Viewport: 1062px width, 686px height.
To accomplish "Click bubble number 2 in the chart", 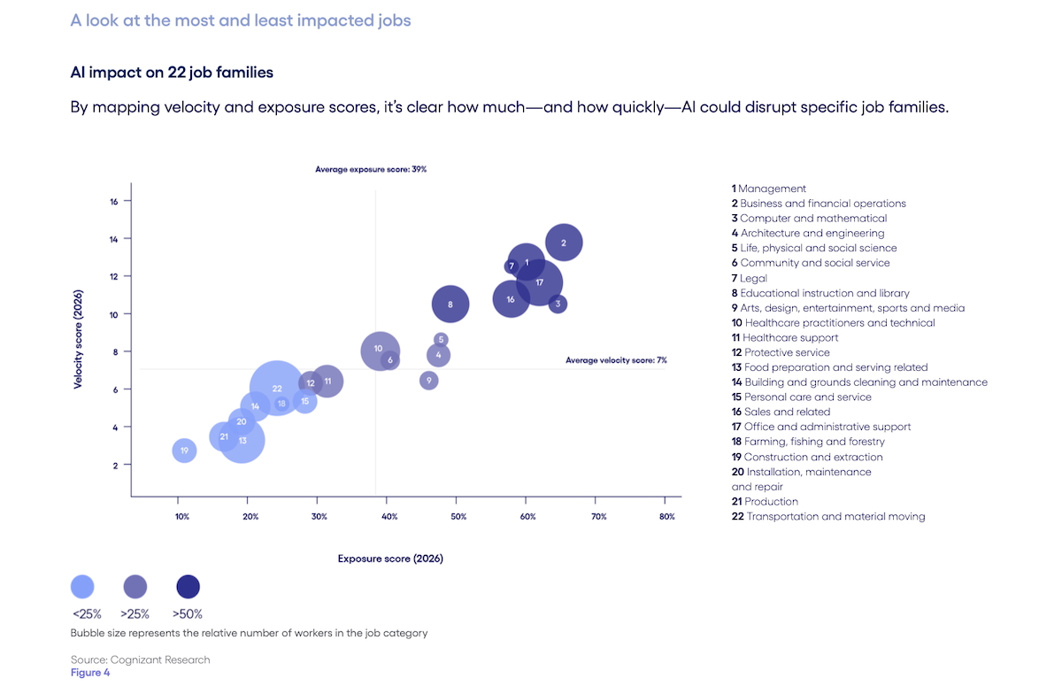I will click(x=564, y=243).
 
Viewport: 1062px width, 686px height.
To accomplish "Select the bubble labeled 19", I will click(x=184, y=451).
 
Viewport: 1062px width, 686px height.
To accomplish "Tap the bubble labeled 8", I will click(x=450, y=304).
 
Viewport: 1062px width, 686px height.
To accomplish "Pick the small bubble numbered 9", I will click(x=429, y=381).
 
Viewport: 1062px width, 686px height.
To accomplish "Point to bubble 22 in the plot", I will click(x=277, y=388).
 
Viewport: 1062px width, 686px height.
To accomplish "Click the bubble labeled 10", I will click(x=379, y=350).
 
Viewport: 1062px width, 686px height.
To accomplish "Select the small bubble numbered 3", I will click(x=558, y=304).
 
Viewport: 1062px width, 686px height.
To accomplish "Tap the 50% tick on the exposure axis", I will click(x=458, y=517).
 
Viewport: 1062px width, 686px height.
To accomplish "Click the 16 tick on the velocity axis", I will click(x=114, y=202).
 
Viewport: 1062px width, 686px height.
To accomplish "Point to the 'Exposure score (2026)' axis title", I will click(x=390, y=559).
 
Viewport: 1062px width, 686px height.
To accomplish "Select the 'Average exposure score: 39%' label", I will click(x=371, y=169).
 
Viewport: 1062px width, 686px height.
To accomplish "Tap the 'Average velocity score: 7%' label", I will click(x=616, y=360).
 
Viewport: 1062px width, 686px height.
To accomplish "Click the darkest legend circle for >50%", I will click(x=189, y=586).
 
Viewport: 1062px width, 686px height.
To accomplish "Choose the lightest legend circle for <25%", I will click(x=82, y=586).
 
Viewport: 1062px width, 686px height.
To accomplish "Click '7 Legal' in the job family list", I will click(x=750, y=278).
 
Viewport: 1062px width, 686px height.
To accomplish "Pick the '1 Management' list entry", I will click(x=768, y=189).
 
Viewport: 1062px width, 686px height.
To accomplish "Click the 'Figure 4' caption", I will click(x=90, y=673).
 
